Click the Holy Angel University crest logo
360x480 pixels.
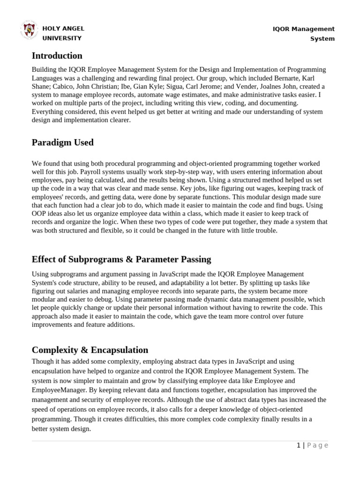pos(29,30)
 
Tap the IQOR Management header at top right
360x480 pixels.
pos(304,29)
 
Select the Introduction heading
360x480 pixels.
pos(57,56)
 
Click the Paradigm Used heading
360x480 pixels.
pos(62,142)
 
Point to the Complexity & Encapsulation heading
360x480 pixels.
pos(90,350)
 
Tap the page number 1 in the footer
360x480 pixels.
pos(298,446)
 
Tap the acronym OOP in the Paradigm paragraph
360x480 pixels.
pos(39,214)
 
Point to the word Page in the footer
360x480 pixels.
pos(317,446)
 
